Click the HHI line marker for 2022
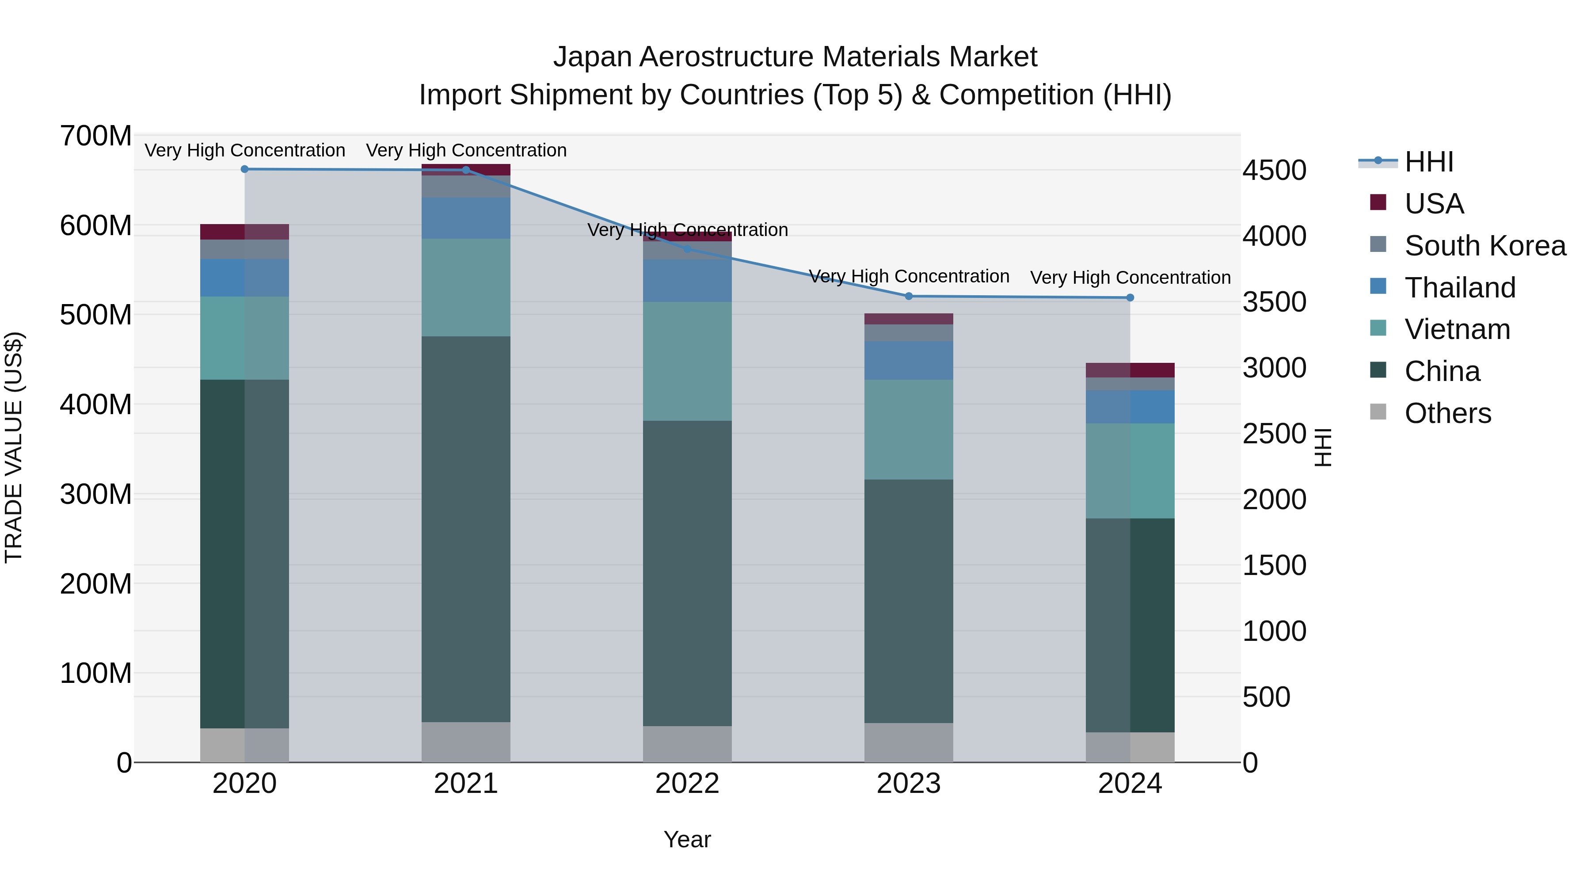pyautogui.click(x=687, y=249)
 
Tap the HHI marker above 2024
pyautogui.click(x=1130, y=298)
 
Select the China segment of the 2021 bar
pyautogui.click(x=466, y=528)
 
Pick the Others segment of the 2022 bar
pyautogui.click(x=687, y=744)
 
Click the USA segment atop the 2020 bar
pyautogui.click(x=244, y=232)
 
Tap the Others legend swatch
pyautogui.click(x=1378, y=412)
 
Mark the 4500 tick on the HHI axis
pyautogui.click(x=1274, y=171)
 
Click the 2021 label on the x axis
pyautogui.click(x=466, y=784)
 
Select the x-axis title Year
pyautogui.click(x=687, y=839)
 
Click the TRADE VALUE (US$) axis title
pyautogui.click(x=14, y=447)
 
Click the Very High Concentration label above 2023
pyautogui.click(x=909, y=276)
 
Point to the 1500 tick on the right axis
pyautogui.click(x=1274, y=565)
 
